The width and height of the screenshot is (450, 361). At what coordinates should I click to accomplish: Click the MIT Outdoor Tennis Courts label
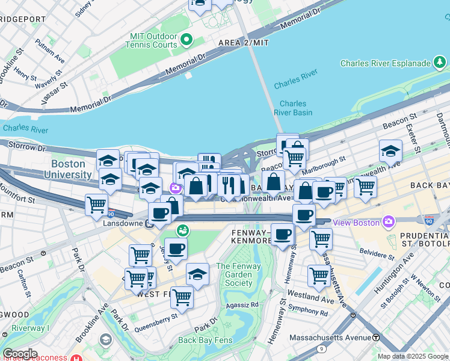(x=153, y=41)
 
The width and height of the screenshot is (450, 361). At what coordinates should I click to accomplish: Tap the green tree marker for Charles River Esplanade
(x=440, y=63)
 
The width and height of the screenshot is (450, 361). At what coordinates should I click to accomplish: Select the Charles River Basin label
(x=293, y=108)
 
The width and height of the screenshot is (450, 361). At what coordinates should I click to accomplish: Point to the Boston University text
(x=71, y=169)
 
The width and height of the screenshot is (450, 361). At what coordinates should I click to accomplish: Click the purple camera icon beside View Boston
(x=389, y=222)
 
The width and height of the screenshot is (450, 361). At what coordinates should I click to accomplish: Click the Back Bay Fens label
(x=205, y=340)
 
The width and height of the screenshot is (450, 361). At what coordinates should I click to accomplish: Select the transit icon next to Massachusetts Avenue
(x=376, y=338)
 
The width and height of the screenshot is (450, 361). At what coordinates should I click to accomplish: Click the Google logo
(x=19, y=354)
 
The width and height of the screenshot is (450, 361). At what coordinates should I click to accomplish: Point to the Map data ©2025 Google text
(x=413, y=356)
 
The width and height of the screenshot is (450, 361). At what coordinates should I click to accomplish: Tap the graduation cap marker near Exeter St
(x=390, y=151)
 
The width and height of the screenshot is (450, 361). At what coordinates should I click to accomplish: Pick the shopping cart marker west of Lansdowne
(x=96, y=206)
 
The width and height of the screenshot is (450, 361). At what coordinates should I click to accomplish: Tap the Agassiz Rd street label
(x=242, y=304)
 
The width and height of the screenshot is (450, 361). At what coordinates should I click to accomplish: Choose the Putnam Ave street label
(x=50, y=51)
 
